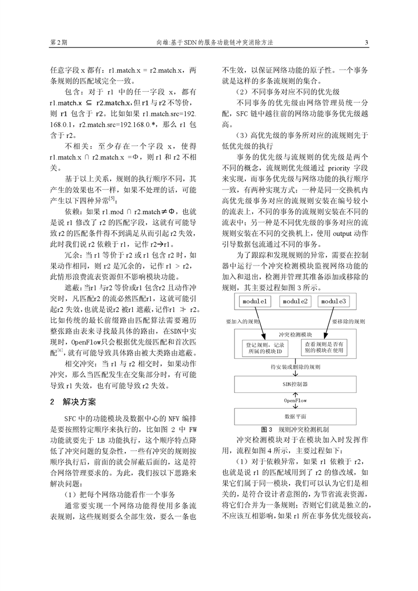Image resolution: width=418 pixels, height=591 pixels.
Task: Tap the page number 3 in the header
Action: point(366,43)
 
